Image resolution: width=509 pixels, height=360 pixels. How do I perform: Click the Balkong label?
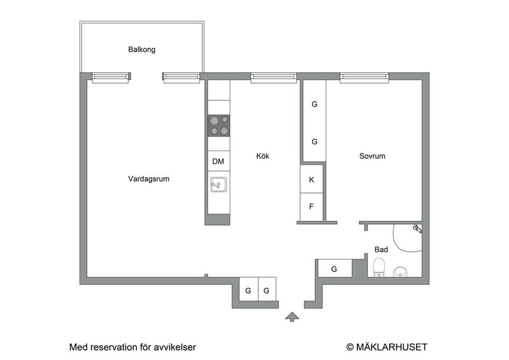pyautogui.click(x=142, y=49)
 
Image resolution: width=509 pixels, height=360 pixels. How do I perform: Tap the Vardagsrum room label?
pyautogui.click(x=148, y=179)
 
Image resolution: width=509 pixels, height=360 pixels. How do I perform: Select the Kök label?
pyautogui.click(x=262, y=156)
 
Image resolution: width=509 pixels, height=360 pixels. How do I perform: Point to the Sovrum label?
pyautogui.click(x=372, y=156)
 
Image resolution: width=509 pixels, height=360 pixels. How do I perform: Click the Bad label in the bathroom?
pyautogui.click(x=381, y=249)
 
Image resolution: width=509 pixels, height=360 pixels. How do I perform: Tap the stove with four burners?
pyautogui.click(x=218, y=126)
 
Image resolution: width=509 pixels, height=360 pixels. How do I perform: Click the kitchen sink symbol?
pyautogui.click(x=218, y=185)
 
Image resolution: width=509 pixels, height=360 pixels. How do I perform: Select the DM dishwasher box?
pyautogui.click(x=218, y=161)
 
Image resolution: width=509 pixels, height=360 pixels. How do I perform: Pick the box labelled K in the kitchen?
pyautogui.click(x=312, y=180)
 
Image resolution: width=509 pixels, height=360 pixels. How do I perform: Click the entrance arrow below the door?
pyautogui.click(x=292, y=317)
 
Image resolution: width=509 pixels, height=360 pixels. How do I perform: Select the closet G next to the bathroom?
pyautogui.click(x=334, y=269)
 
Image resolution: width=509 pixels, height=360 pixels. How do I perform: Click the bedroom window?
pyautogui.click(x=364, y=77)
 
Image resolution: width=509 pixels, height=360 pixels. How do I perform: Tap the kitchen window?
pyautogui.click(x=274, y=77)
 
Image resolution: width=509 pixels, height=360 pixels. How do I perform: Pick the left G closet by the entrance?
pyautogui.click(x=248, y=290)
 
